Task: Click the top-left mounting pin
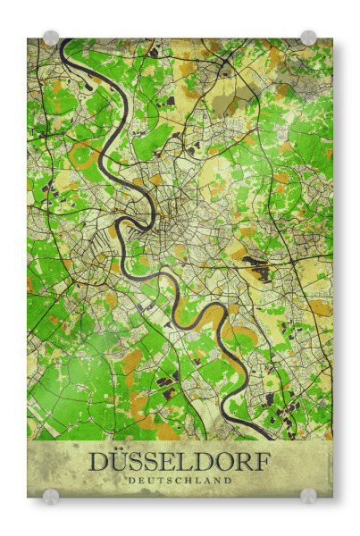(51, 38)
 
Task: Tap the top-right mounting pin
(308, 38)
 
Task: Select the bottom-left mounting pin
(51, 496)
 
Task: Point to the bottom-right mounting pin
(308, 496)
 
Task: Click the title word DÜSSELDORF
(179, 462)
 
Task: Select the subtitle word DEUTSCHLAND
(179, 481)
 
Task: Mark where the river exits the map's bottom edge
(268, 437)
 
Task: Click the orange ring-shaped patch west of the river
(85, 156)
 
